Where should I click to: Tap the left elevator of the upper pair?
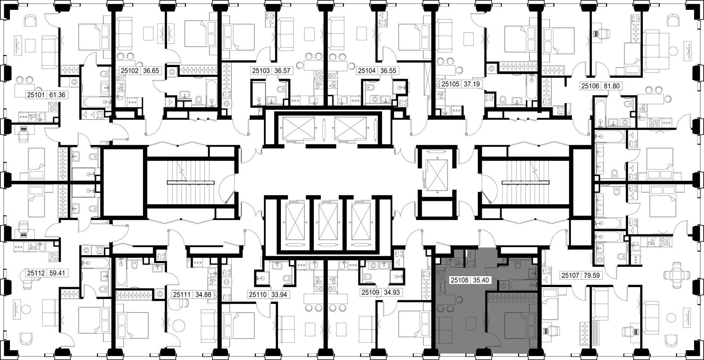(x=297, y=129)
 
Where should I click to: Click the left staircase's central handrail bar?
(x=191, y=182)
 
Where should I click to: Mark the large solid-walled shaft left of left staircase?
(x=124, y=182)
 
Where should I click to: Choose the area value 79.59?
(x=591, y=275)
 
